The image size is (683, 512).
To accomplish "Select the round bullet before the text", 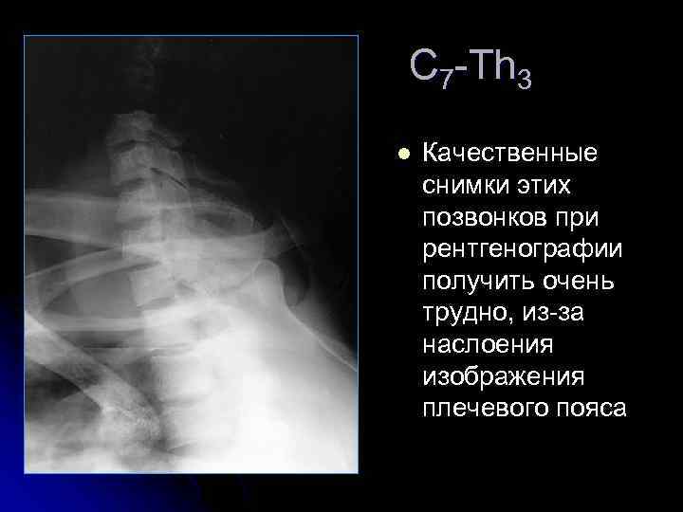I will tap(403, 154).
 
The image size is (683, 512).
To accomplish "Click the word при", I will tap(577, 218).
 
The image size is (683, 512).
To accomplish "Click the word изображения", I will tap(504, 377).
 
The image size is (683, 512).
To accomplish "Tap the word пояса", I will tap(594, 410).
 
